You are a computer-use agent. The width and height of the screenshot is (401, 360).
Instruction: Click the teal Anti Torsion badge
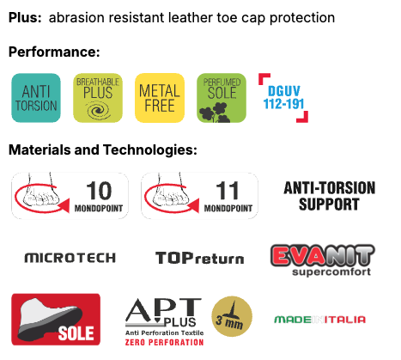(x=36, y=98)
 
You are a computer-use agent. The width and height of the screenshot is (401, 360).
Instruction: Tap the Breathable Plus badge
(x=98, y=98)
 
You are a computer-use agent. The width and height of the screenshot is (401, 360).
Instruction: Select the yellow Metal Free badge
(x=160, y=98)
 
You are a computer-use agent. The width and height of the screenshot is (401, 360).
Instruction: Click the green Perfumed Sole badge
(x=222, y=98)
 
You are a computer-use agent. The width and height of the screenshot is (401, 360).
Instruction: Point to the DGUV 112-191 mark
(x=283, y=98)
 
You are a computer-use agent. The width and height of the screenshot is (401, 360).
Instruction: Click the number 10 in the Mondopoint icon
(x=99, y=191)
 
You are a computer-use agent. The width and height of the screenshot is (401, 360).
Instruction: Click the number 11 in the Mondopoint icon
(x=228, y=191)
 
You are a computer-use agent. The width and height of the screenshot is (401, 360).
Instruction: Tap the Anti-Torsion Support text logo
(x=330, y=196)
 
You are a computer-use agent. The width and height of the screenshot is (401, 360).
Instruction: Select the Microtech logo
(x=70, y=258)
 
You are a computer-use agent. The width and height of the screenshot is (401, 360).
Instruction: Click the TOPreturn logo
(x=200, y=258)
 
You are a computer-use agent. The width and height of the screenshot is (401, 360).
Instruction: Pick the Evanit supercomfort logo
(x=323, y=260)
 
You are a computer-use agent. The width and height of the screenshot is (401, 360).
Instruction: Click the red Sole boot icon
(x=56, y=320)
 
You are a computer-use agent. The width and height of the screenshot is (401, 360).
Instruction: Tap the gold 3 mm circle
(x=232, y=316)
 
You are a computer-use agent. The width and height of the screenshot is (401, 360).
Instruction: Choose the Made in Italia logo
(x=320, y=320)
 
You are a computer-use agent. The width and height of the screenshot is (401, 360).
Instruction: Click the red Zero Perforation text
(x=164, y=342)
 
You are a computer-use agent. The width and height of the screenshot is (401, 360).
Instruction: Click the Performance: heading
(x=54, y=52)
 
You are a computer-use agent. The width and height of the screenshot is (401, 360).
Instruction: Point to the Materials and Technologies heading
(x=103, y=149)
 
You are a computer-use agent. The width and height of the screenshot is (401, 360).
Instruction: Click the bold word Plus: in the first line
(x=25, y=18)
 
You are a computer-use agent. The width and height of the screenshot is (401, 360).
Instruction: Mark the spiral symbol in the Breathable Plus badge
(x=99, y=111)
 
